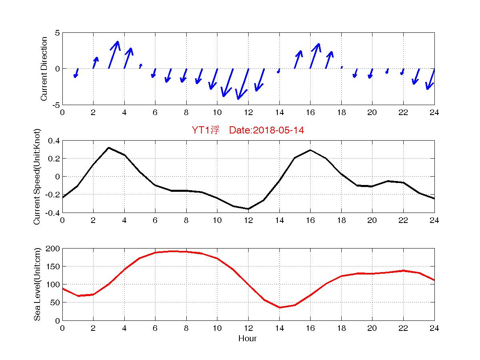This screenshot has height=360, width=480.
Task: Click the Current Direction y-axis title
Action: (x=44, y=69)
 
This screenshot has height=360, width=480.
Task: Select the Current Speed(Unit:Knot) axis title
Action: (x=37, y=176)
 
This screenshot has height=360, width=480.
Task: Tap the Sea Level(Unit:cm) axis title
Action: (x=37, y=284)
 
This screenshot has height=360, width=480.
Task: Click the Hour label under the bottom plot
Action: (x=247, y=339)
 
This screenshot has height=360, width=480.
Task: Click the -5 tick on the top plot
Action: (x=56, y=105)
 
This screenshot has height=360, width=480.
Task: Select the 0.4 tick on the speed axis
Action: (x=54, y=141)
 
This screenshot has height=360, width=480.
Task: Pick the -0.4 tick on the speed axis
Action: (x=52, y=213)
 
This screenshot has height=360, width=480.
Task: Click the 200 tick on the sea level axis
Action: (x=53, y=249)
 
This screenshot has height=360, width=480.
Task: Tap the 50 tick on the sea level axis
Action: (x=55, y=302)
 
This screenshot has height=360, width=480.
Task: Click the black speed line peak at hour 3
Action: (x=109, y=148)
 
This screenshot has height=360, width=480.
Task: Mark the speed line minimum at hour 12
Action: (x=248, y=209)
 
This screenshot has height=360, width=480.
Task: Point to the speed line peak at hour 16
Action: (x=310, y=150)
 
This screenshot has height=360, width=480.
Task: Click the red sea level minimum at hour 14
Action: (x=279, y=307)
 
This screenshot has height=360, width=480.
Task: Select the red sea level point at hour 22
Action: (x=403, y=270)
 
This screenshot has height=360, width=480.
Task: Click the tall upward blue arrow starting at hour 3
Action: (x=114, y=55)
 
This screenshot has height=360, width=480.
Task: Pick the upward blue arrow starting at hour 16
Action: (x=315, y=56)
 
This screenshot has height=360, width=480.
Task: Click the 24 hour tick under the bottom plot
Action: (x=434, y=328)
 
